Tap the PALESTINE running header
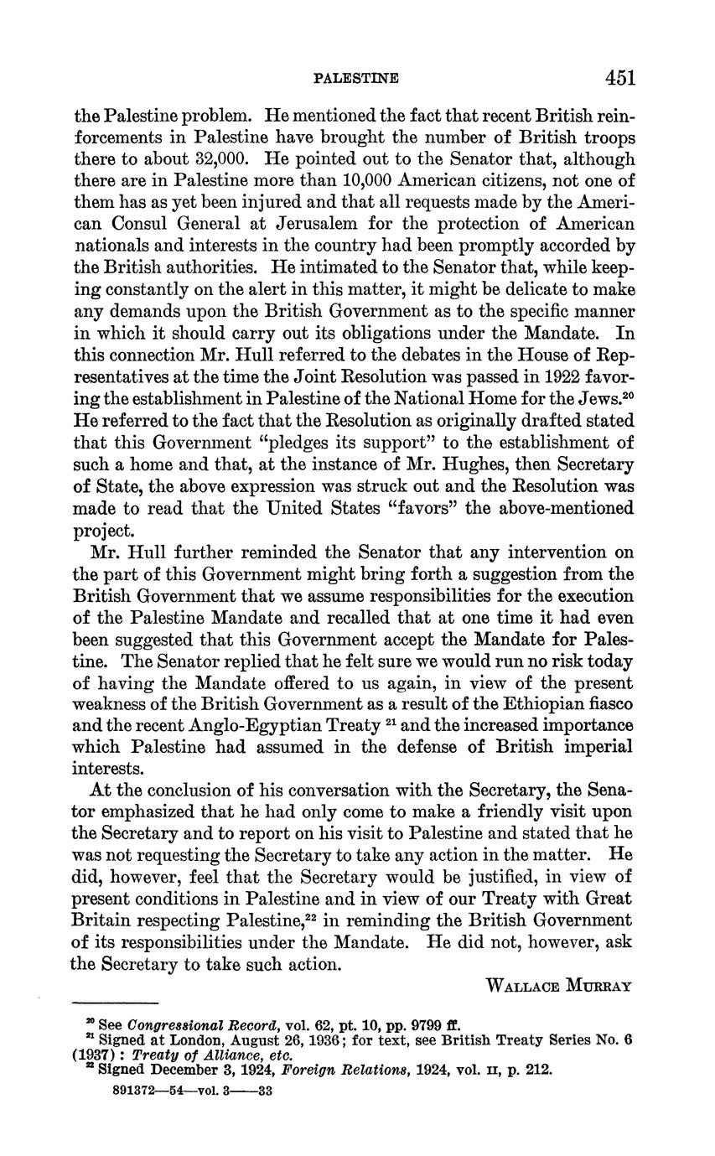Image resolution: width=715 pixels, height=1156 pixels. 355,79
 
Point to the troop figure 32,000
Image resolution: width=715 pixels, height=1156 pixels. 199,159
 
